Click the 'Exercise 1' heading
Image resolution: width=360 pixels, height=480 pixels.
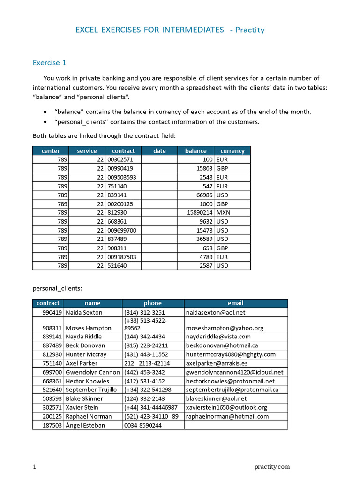coord(49,63)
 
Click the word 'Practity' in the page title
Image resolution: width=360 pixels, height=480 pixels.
coord(250,30)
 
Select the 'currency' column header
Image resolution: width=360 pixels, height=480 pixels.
coord(232,151)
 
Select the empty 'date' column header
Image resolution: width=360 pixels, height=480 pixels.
coord(159,151)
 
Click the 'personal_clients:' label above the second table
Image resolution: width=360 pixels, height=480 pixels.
coord(57,288)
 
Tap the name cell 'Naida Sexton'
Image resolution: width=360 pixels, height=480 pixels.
coord(84,312)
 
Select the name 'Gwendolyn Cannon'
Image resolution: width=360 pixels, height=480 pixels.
coord(92,372)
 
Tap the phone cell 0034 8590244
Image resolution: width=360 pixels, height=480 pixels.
coord(142,425)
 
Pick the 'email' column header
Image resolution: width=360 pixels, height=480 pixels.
coord(235,303)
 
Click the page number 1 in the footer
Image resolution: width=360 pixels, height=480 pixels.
coord(34,466)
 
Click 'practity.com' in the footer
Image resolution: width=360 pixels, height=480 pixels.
coord(272,466)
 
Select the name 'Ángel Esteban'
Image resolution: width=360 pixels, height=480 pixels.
coord(85,425)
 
